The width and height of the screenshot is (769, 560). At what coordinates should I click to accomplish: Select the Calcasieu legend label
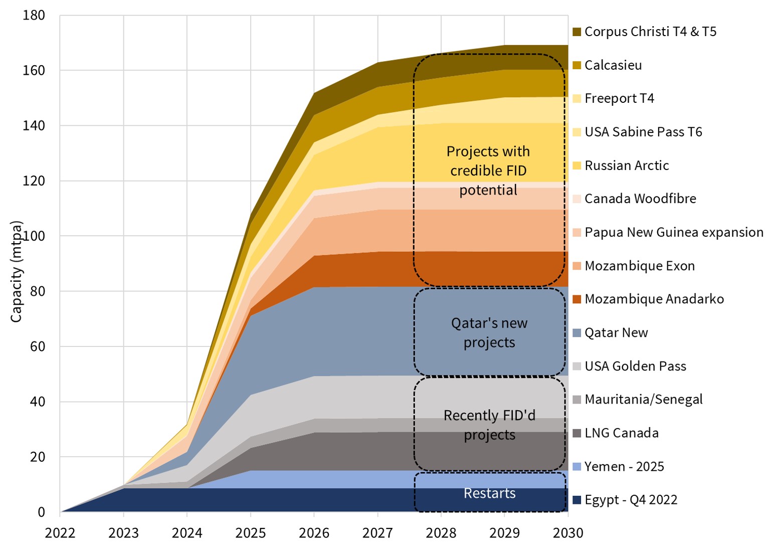pos(613,65)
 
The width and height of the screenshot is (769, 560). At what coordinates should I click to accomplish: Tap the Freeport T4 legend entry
pos(619,98)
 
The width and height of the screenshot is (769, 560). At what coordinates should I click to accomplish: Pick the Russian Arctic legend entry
pos(627,165)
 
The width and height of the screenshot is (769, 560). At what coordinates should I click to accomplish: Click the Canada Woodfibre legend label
pos(640,199)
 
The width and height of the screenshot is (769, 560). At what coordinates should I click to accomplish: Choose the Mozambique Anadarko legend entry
pos(654,299)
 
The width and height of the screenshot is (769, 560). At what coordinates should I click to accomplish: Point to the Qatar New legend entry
pos(616,332)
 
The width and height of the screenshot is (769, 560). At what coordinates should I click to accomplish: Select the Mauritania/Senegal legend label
pos(643,400)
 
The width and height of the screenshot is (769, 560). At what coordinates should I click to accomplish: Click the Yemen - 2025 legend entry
pos(624,467)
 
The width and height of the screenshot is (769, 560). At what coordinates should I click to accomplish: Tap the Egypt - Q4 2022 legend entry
pos(631,500)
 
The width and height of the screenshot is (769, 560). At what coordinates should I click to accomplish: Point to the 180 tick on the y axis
pos(34,16)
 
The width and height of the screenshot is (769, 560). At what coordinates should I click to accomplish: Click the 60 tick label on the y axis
pos(38,346)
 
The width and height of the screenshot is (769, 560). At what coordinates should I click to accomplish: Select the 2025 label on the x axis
pos(251,533)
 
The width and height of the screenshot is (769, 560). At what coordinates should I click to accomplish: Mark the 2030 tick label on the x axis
pos(568,533)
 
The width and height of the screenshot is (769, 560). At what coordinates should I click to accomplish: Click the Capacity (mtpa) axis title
pos(17,271)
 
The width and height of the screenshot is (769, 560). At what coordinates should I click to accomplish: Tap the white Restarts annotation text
pos(489,493)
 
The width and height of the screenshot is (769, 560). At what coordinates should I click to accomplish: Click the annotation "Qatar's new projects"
pos(489,333)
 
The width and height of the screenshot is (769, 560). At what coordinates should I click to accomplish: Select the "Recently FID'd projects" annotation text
pos(489,425)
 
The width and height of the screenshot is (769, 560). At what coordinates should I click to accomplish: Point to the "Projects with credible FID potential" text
pos(488,170)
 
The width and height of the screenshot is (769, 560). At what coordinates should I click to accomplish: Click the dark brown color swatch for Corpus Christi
pos(576,32)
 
